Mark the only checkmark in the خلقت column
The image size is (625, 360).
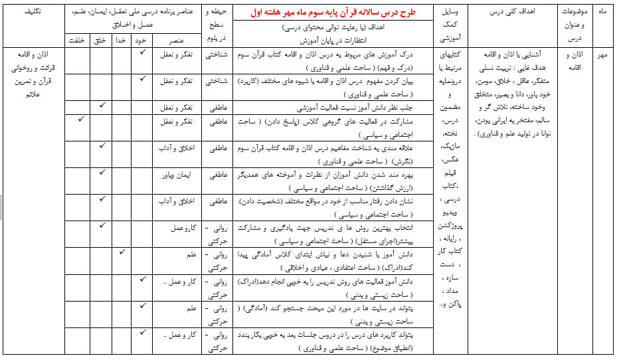[x=81, y=119]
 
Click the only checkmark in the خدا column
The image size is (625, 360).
[x=122, y=252]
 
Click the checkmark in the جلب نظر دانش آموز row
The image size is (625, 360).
[x=102, y=106]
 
